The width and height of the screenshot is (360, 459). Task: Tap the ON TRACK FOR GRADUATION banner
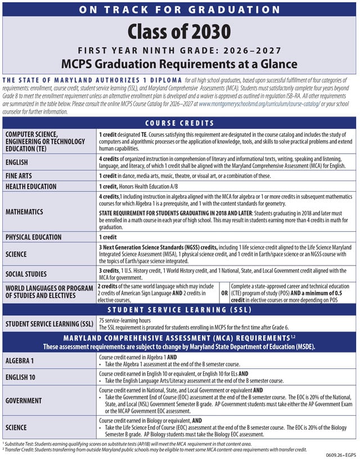point(180,10)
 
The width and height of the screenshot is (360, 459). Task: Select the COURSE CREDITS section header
point(180,123)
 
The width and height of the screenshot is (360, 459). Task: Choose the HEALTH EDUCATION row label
point(39,186)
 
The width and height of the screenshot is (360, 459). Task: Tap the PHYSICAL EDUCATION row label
point(42,237)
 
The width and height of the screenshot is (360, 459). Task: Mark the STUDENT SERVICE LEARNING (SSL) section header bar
point(180,309)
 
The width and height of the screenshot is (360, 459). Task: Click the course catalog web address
point(260,104)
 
